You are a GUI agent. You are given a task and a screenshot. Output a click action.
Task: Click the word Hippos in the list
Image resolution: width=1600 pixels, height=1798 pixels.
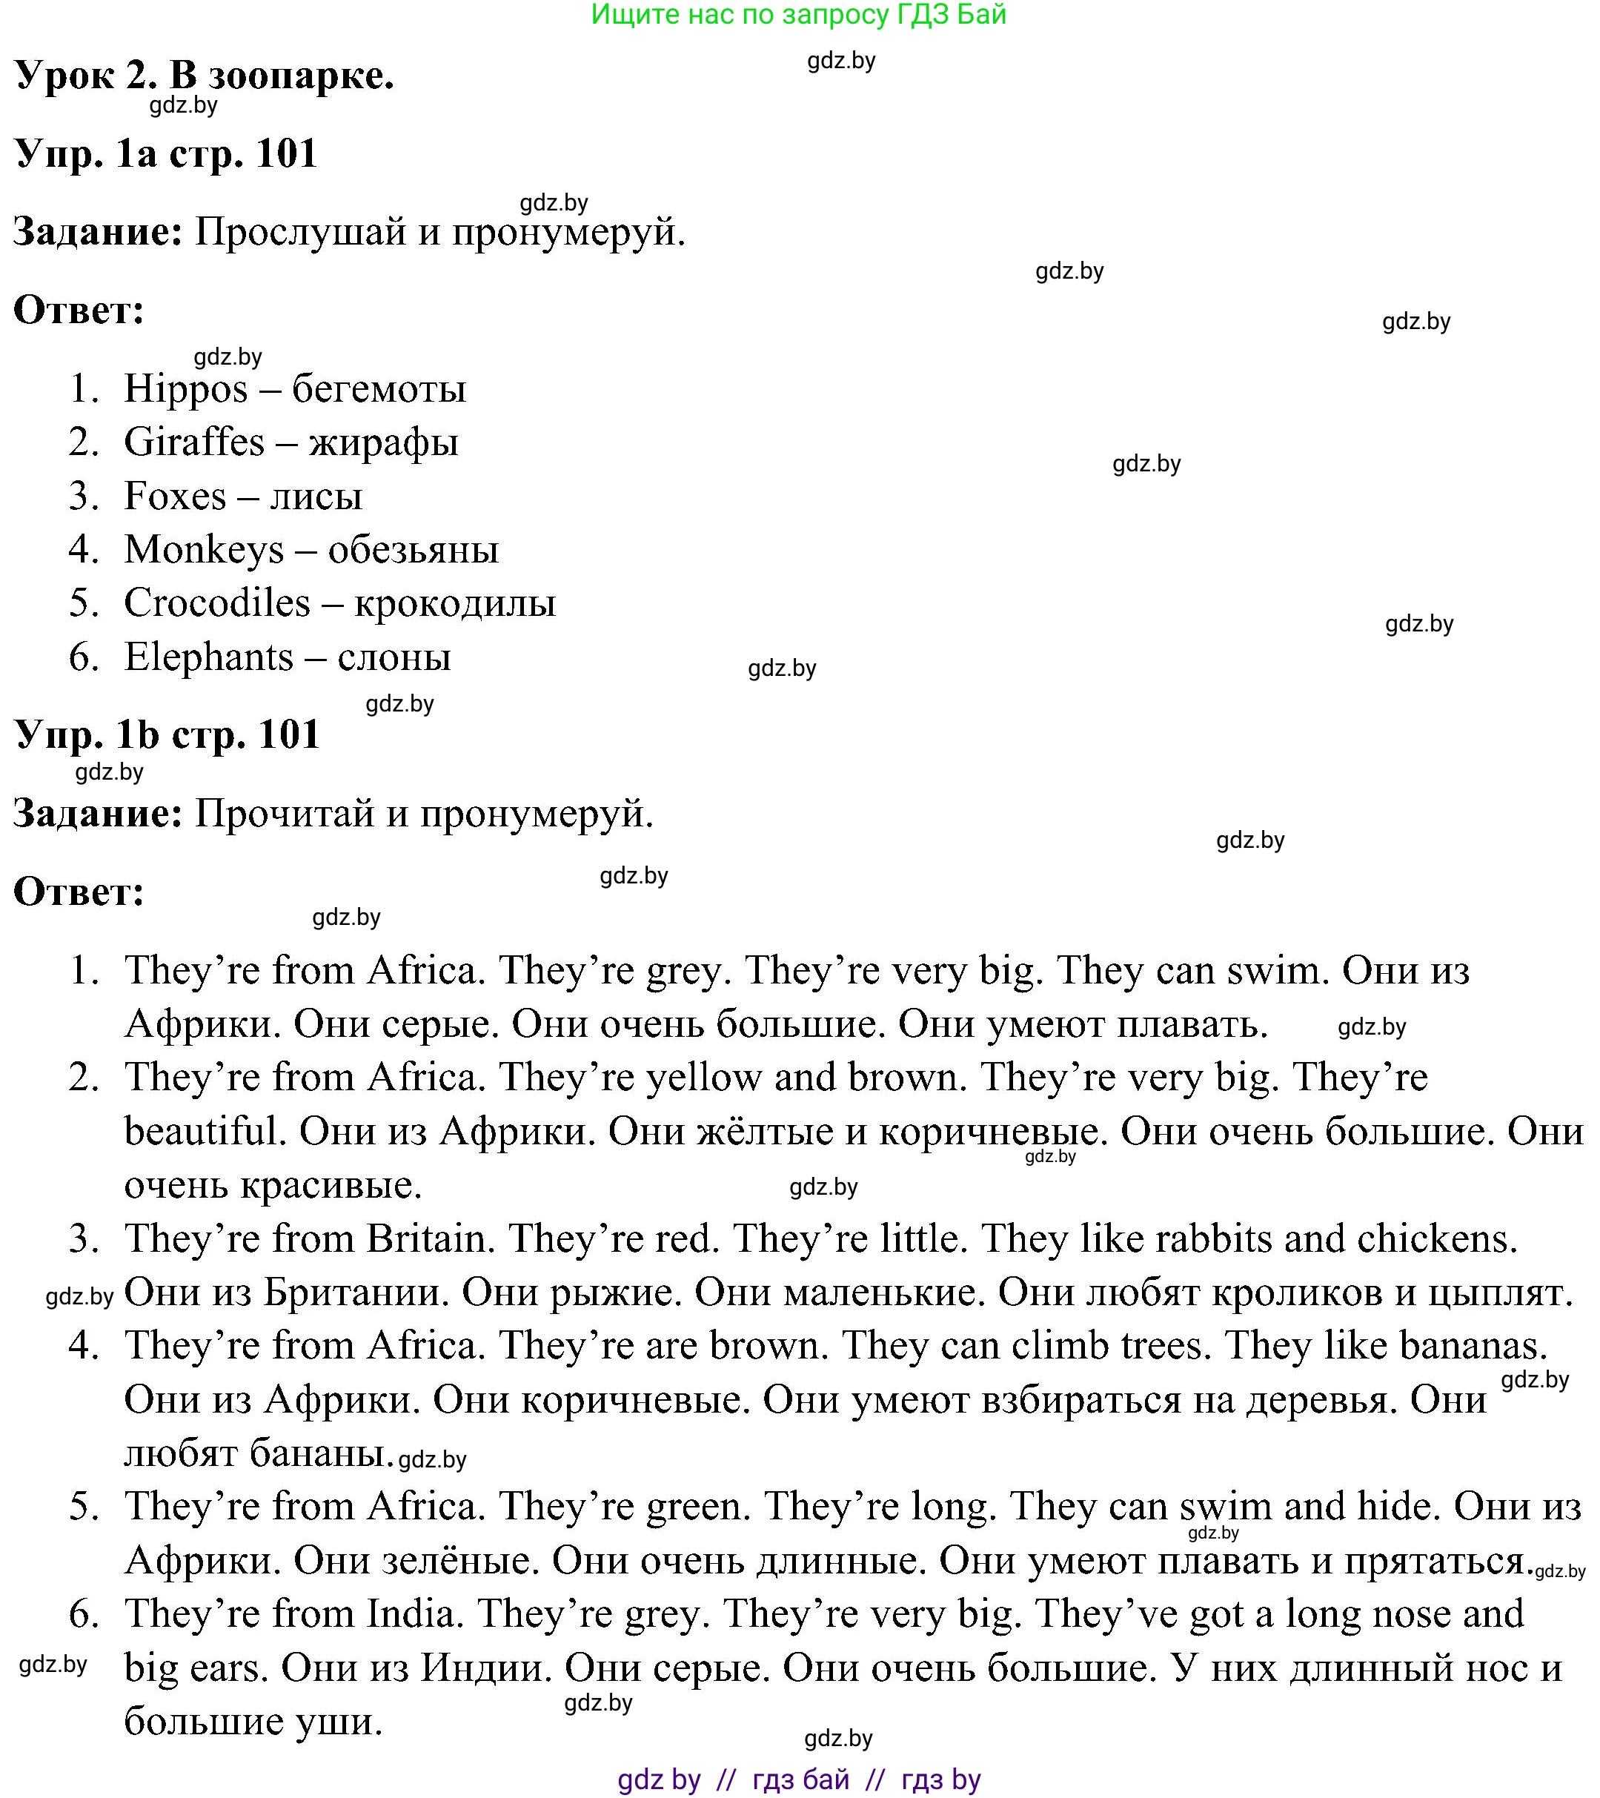point(185,390)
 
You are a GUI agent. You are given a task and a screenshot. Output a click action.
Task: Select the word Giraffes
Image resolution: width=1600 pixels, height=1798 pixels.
point(193,442)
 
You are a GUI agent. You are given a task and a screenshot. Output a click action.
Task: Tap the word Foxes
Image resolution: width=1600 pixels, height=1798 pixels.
point(175,496)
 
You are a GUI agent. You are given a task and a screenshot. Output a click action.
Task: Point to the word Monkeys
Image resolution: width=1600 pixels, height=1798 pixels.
point(204,551)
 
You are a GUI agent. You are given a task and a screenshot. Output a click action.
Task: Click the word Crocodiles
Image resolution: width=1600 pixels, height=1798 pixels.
point(216,603)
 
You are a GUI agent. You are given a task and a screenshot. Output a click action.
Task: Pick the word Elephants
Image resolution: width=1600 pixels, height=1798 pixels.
point(208,657)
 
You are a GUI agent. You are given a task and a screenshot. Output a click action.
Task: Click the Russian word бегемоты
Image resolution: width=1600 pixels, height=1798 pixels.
point(379,390)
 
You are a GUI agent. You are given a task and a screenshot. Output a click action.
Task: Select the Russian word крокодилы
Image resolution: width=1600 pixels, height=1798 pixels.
point(455,603)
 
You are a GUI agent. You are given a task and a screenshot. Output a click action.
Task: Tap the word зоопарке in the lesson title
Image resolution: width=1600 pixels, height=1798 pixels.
point(301,76)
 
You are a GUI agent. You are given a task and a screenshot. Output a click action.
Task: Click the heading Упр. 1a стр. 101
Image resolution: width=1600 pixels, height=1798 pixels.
point(165,154)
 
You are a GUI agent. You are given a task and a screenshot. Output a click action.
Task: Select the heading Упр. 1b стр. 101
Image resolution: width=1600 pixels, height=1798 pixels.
point(166,734)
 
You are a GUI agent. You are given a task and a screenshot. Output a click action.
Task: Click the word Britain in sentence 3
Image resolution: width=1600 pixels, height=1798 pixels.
point(425,1239)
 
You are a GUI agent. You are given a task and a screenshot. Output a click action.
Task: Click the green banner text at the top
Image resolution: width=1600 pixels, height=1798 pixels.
point(799,15)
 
